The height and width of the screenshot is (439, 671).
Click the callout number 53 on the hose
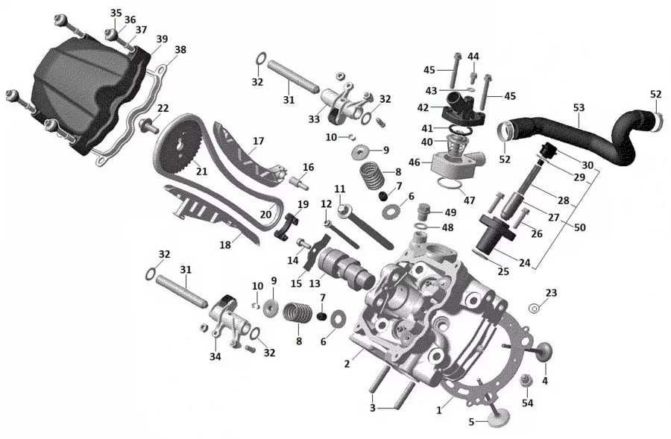click(579, 108)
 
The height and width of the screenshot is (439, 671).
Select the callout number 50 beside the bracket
click(579, 227)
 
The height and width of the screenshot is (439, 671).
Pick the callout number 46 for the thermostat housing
click(415, 162)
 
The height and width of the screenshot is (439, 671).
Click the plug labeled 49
click(423, 212)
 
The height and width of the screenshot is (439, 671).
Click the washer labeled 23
click(535, 308)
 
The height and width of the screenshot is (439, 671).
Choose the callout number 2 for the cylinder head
click(347, 364)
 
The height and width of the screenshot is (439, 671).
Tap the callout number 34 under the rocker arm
click(215, 356)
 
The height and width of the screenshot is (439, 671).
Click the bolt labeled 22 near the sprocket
click(147, 126)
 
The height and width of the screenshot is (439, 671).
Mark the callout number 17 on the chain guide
click(258, 141)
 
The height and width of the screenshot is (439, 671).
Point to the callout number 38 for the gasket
click(180, 50)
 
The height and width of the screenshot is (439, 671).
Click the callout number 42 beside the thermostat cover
click(423, 107)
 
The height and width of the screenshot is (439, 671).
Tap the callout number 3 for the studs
click(373, 408)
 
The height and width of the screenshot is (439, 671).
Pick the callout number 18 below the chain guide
click(225, 245)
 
